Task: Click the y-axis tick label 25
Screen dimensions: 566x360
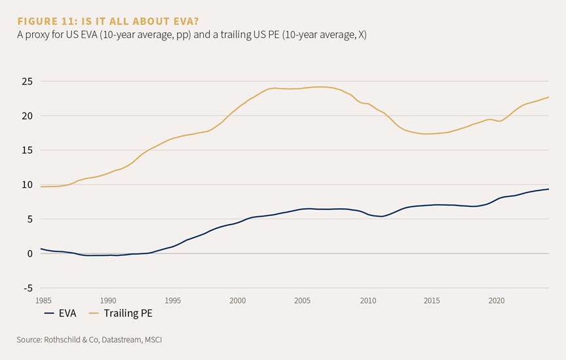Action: [27, 82]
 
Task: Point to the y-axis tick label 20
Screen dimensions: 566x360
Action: [27, 116]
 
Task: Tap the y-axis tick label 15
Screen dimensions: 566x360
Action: [27, 150]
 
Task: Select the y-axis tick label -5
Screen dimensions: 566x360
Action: [28, 288]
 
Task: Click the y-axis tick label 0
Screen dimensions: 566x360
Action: [29, 253]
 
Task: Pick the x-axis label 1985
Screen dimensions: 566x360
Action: [43, 300]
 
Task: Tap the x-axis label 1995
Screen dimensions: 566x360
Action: [172, 300]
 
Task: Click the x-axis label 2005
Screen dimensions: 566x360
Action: [302, 300]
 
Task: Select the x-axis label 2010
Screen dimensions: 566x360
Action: [368, 300]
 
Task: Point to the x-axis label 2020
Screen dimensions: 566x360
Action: [497, 300]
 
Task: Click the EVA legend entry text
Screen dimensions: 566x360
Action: [67, 313]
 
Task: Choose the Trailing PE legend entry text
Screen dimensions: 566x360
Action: [128, 314]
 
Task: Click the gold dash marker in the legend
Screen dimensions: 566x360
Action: [94, 314]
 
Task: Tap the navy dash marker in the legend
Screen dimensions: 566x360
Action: [49, 314]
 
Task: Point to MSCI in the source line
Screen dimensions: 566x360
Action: [153, 340]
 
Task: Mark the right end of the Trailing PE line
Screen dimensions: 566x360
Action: [549, 97]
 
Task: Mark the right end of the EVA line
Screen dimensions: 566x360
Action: [549, 189]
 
